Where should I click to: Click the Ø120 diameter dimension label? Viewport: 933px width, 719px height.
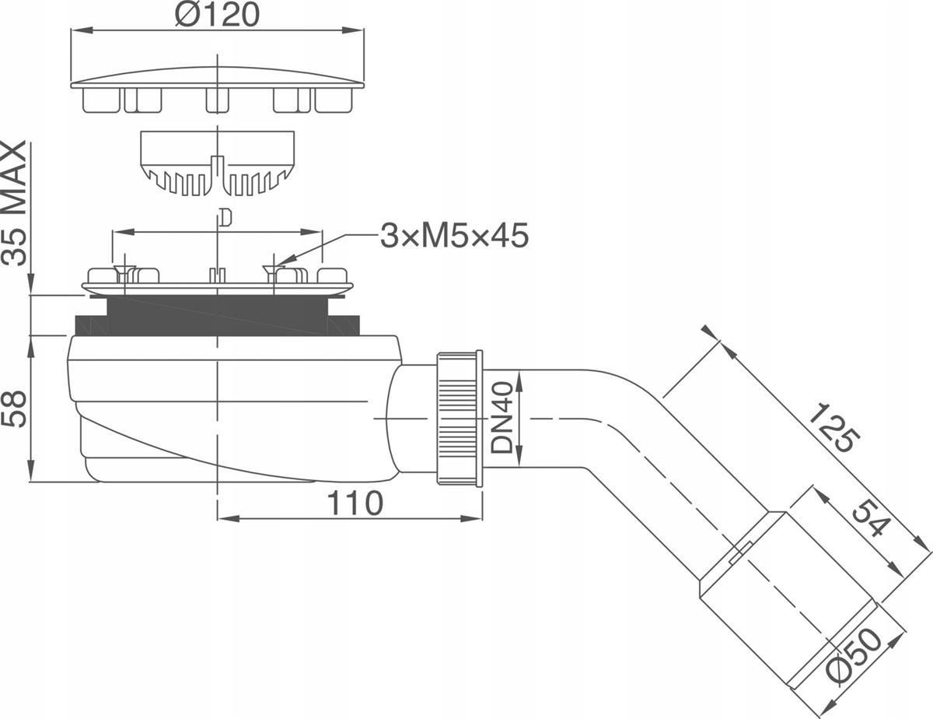[x=218, y=14]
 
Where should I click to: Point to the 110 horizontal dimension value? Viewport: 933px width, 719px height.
[x=355, y=503]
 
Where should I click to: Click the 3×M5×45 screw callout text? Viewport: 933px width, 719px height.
[x=454, y=236]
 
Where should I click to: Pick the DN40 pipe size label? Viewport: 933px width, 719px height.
[x=502, y=418]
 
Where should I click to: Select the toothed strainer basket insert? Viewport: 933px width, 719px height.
[x=218, y=163]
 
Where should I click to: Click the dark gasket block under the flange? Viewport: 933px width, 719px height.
[x=217, y=315]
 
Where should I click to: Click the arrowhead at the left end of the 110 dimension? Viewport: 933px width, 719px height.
[x=229, y=518]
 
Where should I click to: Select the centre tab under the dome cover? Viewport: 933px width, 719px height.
[x=217, y=100]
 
